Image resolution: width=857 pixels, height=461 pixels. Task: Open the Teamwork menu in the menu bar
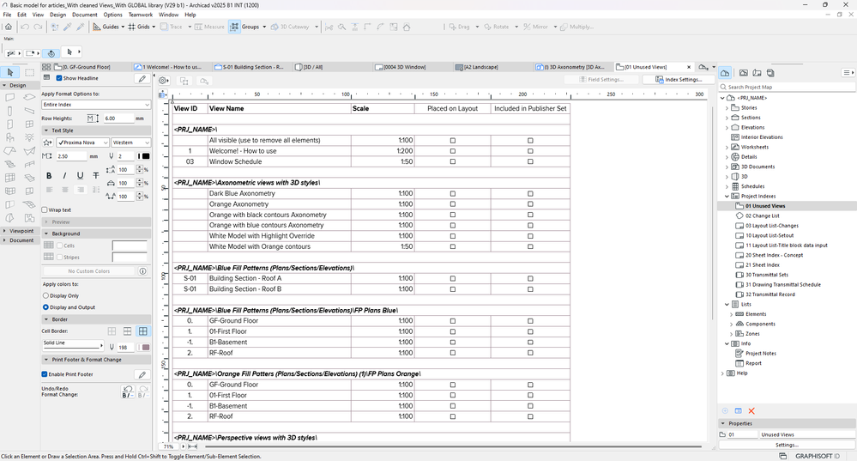pyautogui.click(x=141, y=15)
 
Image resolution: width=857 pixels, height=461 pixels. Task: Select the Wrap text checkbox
pyautogui.click(x=45, y=209)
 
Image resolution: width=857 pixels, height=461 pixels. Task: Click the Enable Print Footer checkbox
pyautogui.click(x=45, y=374)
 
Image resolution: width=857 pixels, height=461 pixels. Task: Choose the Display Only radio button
pyautogui.click(x=45, y=295)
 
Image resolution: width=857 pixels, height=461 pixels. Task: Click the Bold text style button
pyautogui.click(x=49, y=176)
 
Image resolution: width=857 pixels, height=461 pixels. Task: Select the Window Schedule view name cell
pyautogui.click(x=235, y=161)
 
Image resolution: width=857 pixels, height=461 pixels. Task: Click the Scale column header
pyautogui.click(x=361, y=109)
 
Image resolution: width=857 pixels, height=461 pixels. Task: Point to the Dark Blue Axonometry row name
pyautogui.click(x=242, y=193)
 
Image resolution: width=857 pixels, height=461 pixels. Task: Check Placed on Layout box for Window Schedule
pyautogui.click(x=453, y=161)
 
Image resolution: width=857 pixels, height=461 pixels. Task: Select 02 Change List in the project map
pyautogui.click(x=763, y=215)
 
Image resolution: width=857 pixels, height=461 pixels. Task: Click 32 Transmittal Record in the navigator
pyautogui.click(x=769, y=294)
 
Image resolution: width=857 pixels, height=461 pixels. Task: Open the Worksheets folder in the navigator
pyautogui.click(x=755, y=147)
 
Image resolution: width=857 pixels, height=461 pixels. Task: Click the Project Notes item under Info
pyautogui.click(x=760, y=353)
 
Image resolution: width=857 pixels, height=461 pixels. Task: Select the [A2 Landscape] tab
pyautogui.click(x=480, y=67)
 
